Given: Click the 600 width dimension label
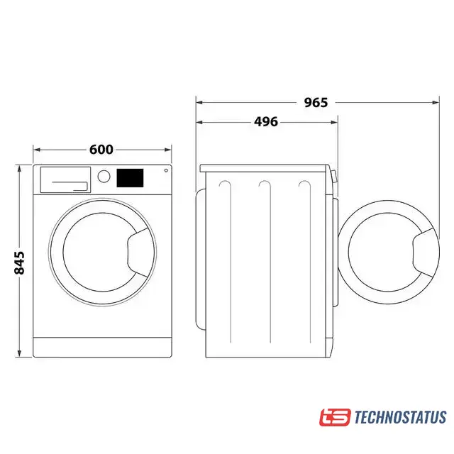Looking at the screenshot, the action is (x=101, y=150).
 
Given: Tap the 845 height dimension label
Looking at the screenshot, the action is (x=20, y=263).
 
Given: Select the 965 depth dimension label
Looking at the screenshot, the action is (x=316, y=102).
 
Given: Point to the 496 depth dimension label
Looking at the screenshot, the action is (x=266, y=121).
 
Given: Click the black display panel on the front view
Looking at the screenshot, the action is (x=130, y=178).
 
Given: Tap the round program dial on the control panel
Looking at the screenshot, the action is (x=104, y=177).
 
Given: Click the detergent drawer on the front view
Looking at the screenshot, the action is (x=65, y=179).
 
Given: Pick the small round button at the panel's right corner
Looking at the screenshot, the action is (x=166, y=170).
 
